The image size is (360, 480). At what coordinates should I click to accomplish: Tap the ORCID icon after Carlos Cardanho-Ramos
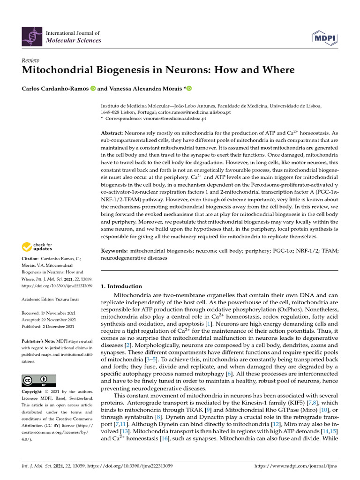click(92, 89)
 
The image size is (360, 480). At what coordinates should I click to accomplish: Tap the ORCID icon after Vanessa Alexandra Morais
click(189, 89)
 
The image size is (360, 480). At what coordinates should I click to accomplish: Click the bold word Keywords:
click(114, 251)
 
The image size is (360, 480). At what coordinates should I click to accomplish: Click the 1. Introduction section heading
click(121, 286)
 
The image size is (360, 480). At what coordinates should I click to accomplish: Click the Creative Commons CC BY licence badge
click(39, 380)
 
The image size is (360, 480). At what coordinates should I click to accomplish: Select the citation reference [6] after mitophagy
click(229, 373)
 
